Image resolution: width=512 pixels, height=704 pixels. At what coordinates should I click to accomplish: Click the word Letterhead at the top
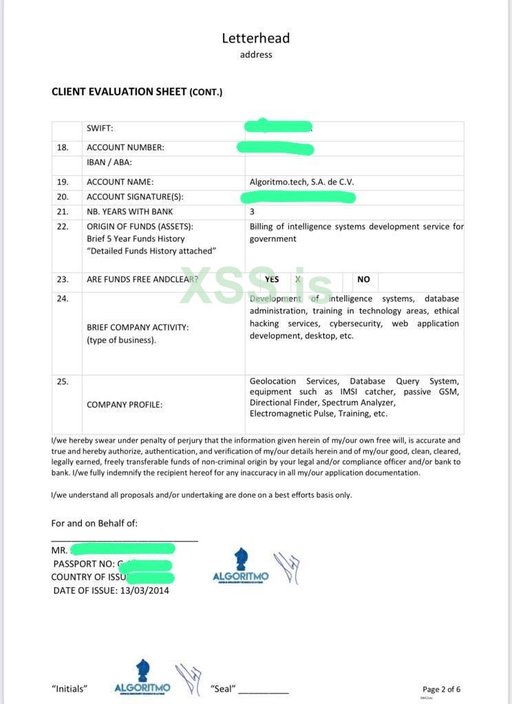[x=255, y=38]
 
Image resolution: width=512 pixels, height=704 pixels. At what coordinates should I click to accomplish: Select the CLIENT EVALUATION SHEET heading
[x=136, y=91]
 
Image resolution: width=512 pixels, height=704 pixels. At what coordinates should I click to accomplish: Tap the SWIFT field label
[x=100, y=128]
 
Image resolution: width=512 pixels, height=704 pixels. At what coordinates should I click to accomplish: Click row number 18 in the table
[x=63, y=147]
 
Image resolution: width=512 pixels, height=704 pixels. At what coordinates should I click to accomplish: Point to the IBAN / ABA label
[x=109, y=162]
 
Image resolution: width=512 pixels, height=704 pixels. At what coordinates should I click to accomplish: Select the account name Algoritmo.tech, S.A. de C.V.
[x=301, y=182]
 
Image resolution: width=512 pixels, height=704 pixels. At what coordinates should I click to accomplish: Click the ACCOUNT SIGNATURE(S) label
[x=135, y=197]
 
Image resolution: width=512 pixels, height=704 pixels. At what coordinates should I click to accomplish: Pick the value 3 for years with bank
[x=252, y=212]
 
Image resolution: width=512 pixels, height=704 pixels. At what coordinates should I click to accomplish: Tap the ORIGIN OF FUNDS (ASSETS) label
[x=140, y=226]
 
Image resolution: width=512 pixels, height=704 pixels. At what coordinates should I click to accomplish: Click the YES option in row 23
[x=272, y=279]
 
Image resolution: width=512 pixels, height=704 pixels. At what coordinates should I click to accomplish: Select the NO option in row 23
[x=363, y=279]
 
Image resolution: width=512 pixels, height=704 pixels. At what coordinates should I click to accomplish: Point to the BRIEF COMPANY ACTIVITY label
[x=138, y=327]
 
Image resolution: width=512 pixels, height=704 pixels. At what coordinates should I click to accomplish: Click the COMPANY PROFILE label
[x=125, y=404]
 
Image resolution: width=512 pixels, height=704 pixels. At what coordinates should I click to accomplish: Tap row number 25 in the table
[x=63, y=382]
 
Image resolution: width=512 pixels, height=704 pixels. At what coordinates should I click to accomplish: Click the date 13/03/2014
[x=145, y=590]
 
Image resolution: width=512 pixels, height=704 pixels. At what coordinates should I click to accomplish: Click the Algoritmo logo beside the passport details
[x=241, y=566]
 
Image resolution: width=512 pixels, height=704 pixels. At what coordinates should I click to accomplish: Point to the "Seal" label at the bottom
[x=223, y=688]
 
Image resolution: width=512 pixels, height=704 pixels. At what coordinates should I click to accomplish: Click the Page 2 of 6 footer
[x=441, y=689]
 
